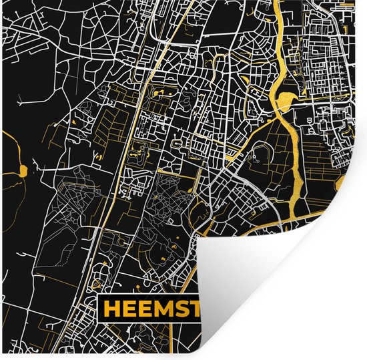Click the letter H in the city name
click(112, 309)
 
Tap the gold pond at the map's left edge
click(22, 170)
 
